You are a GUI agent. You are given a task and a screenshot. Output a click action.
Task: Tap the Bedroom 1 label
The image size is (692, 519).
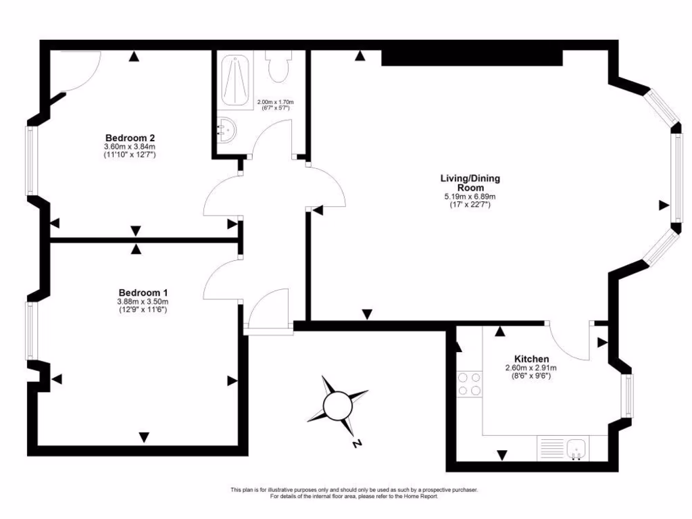pyautogui.click(x=143, y=293)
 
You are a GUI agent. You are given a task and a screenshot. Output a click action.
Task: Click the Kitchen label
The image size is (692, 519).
pyautogui.click(x=531, y=359)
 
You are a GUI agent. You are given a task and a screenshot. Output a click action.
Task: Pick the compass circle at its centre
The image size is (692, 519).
pyautogui.click(x=337, y=406)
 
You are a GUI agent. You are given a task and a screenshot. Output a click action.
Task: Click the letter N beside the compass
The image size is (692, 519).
pyautogui.click(x=356, y=444)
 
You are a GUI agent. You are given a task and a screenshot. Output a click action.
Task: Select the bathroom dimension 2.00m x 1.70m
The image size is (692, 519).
pyautogui.click(x=275, y=102)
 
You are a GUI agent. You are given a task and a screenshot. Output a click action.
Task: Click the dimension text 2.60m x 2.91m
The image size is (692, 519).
pyautogui.click(x=531, y=368)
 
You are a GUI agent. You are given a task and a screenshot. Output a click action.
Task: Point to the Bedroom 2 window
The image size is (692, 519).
pyautogui.click(x=30, y=161)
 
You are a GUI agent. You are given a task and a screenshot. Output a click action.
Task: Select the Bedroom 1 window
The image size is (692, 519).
pyautogui.click(x=30, y=330)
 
